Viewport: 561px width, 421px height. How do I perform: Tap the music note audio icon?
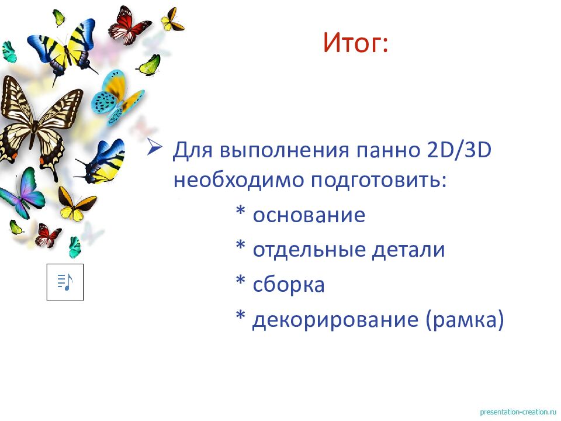pos(65,282)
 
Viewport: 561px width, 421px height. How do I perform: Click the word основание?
pos(309,215)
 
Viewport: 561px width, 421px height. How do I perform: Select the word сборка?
pos(288,285)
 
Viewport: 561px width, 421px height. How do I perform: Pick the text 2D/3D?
pos(456,152)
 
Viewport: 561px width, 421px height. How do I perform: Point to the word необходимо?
pos(237,180)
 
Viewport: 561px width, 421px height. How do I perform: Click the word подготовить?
pos(378,180)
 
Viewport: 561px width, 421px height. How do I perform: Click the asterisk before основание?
pos(240,213)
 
